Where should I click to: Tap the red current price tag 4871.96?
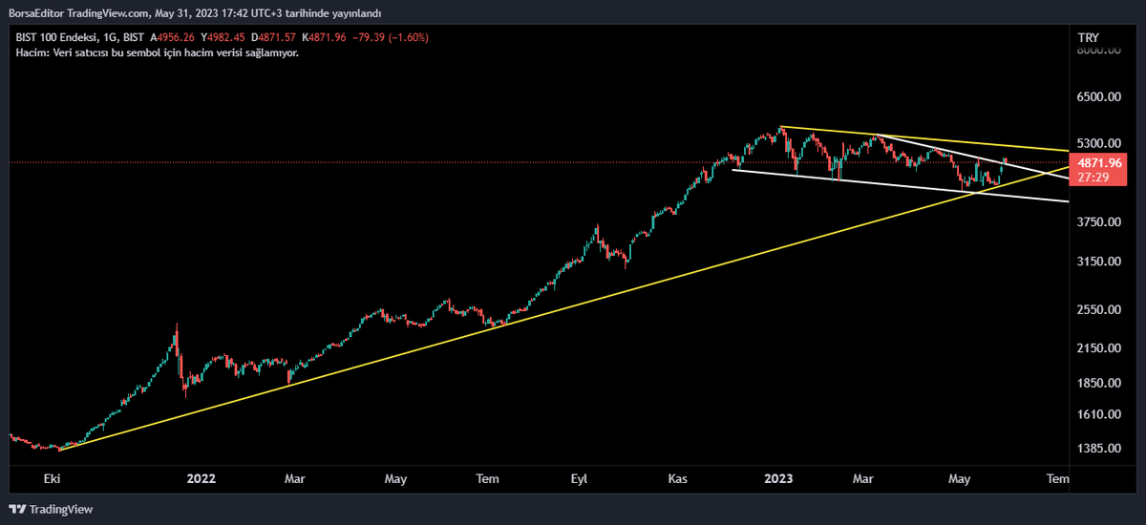(1100, 163)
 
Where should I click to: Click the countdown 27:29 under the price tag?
(1093, 178)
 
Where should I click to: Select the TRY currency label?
(1088, 37)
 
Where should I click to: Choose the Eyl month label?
(579, 478)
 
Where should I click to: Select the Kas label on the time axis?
(678, 478)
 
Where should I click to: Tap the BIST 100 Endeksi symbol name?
(57, 37)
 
